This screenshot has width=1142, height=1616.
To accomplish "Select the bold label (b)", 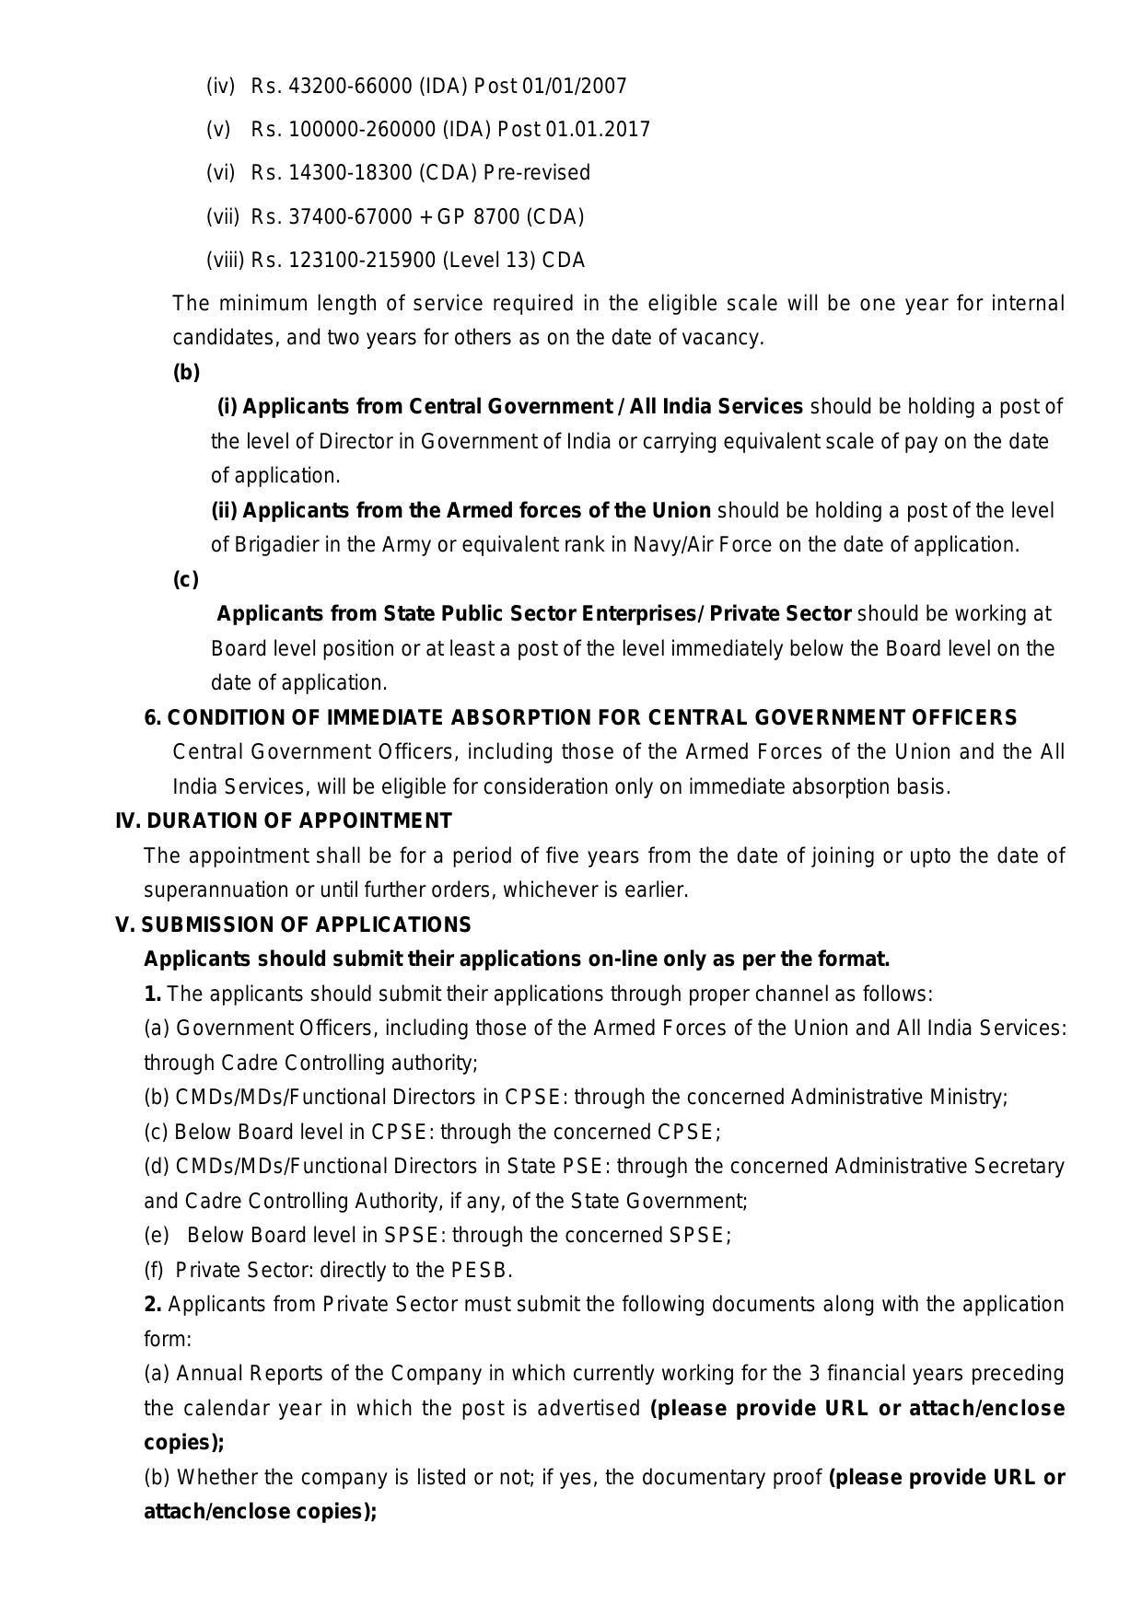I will (186, 372).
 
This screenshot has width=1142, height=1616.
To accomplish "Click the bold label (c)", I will (185, 579).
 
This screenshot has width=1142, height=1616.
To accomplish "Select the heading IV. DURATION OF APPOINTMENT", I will (284, 820).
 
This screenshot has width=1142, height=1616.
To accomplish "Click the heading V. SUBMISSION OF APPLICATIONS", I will (293, 924).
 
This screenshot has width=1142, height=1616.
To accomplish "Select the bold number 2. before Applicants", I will (153, 1304).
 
